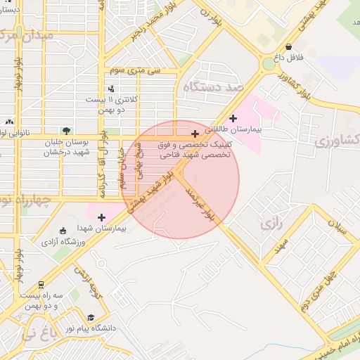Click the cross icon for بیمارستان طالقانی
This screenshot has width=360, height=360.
coord(234,118)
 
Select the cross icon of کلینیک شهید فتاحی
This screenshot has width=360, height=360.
coord(195,134)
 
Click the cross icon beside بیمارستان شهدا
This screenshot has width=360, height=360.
coord(102,217)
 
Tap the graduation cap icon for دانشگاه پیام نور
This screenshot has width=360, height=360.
coord(90,317)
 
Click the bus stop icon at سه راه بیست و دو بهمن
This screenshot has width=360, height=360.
coord(41,285)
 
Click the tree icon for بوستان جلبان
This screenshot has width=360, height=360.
coord(65,130)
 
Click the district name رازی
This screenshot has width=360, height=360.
coord(271,224)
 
